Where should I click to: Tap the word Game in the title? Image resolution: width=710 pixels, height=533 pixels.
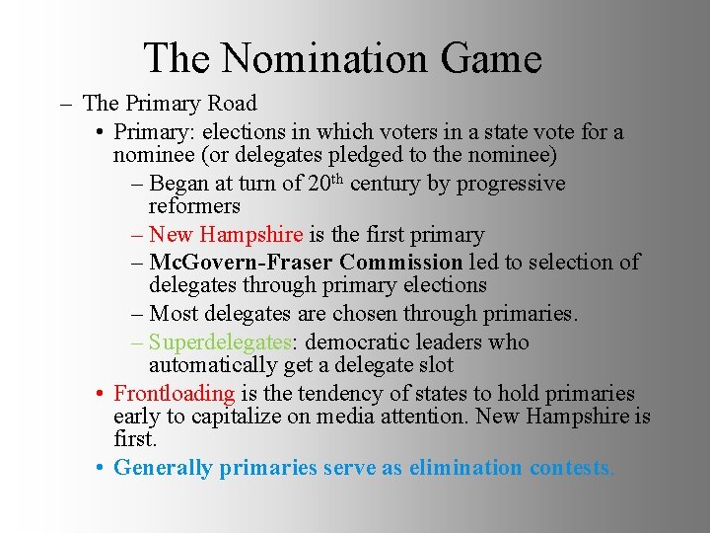click(x=491, y=58)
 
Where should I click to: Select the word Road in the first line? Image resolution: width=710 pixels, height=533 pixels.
click(x=231, y=104)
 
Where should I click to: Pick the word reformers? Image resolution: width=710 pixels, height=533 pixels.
click(x=194, y=206)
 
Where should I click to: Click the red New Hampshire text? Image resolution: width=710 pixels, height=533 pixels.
click(x=226, y=235)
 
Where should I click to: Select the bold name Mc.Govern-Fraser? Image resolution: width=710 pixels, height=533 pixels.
click(x=241, y=263)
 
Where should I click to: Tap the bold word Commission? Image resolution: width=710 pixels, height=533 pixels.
click(x=400, y=263)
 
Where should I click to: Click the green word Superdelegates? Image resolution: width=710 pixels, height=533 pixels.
click(x=219, y=343)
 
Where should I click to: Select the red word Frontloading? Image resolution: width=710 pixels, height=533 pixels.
click(x=175, y=394)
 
